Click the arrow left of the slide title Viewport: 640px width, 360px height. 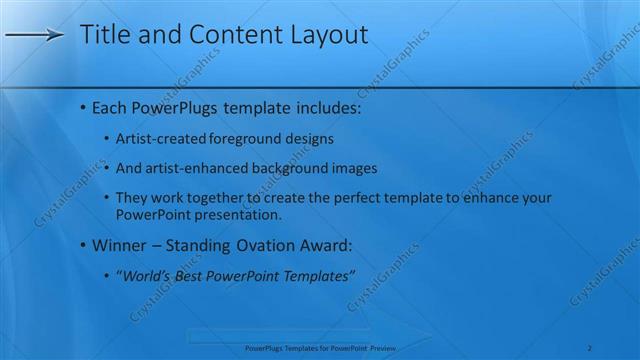pyautogui.click(x=34, y=36)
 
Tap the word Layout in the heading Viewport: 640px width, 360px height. pyautogui.click(x=328, y=35)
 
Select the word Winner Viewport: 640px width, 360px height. pyautogui.click(x=119, y=245)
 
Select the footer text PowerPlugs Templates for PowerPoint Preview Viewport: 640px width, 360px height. pyautogui.click(x=320, y=348)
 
